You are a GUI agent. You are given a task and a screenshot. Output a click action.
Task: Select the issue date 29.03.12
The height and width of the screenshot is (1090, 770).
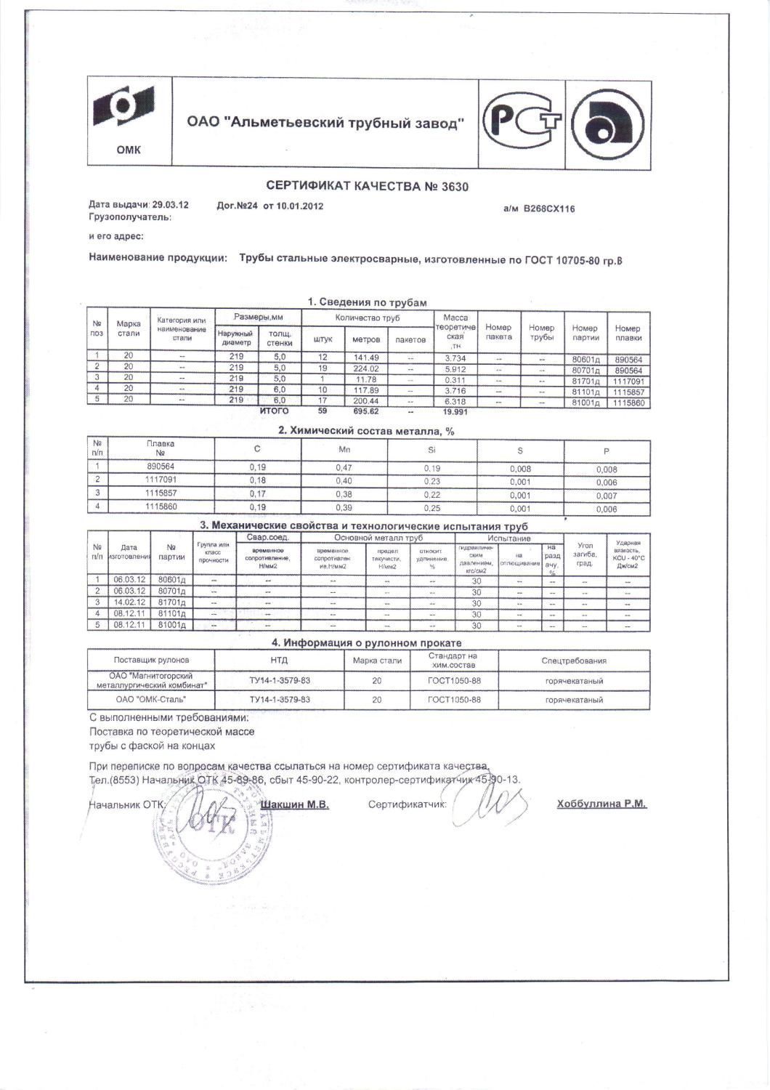tap(170, 205)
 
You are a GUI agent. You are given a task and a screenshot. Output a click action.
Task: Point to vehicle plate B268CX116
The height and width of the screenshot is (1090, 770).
tap(548, 209)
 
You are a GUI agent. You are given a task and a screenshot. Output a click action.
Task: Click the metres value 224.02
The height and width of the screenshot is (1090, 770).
tap(366, 369)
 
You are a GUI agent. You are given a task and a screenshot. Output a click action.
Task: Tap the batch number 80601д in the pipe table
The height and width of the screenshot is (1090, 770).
tap(585, 360)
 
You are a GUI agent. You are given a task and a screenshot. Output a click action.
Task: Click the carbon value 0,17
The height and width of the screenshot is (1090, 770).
tap(258, 494)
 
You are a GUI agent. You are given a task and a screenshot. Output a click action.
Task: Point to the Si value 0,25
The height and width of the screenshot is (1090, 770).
tap(431, 508)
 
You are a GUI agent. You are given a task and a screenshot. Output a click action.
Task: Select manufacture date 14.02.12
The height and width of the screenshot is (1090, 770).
tap(130, 602)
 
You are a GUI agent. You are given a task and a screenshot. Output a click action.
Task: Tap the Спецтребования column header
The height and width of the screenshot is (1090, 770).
tap(574, 661)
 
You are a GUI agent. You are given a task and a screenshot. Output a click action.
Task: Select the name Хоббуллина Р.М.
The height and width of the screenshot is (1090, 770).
tap(601, 804)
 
